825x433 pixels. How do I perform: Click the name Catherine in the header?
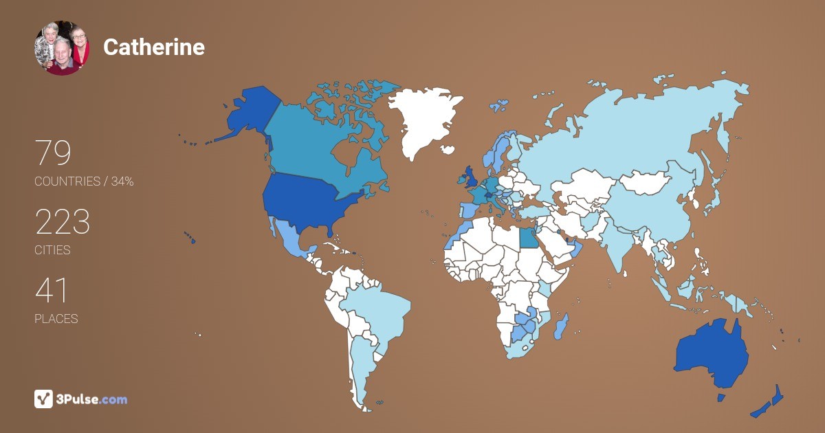153,47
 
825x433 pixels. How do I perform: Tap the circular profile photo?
62,47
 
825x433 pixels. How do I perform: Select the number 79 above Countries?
53,154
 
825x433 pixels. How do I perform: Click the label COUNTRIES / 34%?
84,181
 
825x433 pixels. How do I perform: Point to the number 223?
63,223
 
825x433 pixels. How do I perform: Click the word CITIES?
52,250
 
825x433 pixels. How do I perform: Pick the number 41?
51,291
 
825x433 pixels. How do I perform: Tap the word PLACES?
56,319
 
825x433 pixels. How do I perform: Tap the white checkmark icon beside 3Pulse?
43,399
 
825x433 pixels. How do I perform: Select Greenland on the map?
420,120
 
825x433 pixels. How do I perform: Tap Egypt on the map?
528,238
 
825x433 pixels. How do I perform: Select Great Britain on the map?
472,177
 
